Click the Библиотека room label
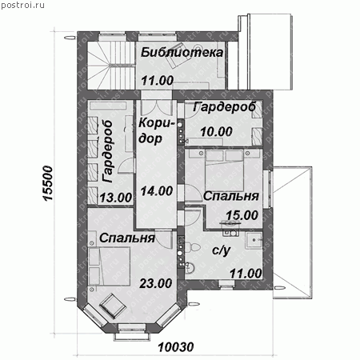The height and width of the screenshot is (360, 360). (182, 52)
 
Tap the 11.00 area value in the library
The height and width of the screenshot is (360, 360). (158, 80)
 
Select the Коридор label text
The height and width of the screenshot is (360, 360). (156, 131)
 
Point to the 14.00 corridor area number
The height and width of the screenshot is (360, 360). (157, 191)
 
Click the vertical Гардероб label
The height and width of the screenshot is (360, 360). (108, 151)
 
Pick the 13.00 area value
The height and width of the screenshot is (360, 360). (116, 198)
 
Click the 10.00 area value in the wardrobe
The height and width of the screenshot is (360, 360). (216, 132)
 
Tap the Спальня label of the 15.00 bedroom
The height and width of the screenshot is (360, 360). (231, 197)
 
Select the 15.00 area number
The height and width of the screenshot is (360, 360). (242, 215)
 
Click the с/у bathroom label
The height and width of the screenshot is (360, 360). (221, 250)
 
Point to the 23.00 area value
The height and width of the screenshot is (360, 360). (156, 283)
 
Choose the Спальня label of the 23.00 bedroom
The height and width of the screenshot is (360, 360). (127, 238)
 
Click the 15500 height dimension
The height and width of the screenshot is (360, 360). (48, 183)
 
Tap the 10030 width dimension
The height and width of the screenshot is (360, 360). (176, 347)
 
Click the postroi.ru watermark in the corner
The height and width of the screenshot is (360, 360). (22, 5)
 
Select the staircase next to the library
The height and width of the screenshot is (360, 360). (111, 65)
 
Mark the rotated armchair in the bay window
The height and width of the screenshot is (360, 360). (113, 306)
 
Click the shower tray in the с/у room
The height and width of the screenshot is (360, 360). (254, 241)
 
